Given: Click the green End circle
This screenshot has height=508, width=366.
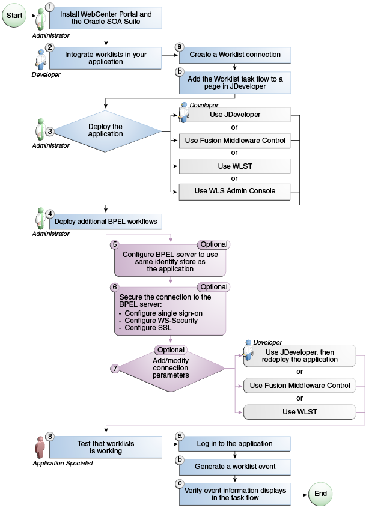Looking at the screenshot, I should tap(320, 494).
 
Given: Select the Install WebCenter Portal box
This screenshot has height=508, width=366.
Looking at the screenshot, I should tap(106, 19).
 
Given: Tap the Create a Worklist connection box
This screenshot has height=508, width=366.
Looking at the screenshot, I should tap(235, 55).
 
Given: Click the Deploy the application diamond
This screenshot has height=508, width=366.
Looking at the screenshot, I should tap(105, 130).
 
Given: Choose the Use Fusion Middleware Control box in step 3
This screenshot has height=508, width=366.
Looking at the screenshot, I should tap(235, 141).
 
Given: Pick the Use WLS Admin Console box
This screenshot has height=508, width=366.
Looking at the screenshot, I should tap(235, 191).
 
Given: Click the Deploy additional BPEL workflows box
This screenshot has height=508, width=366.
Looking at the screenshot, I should tap(106, 222).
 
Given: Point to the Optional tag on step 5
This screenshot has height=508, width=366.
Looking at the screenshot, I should tap(213, 244).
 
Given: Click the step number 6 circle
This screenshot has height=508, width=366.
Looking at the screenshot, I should tap(114, 288).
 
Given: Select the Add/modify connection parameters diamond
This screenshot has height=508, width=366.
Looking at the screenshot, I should tap(171, 369).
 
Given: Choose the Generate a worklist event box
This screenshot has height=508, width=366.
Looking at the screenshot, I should tap(235, 466).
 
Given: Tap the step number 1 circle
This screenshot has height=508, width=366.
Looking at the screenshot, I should tap(50, 7).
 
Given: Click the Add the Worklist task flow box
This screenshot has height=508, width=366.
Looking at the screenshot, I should tap(235, 82).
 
